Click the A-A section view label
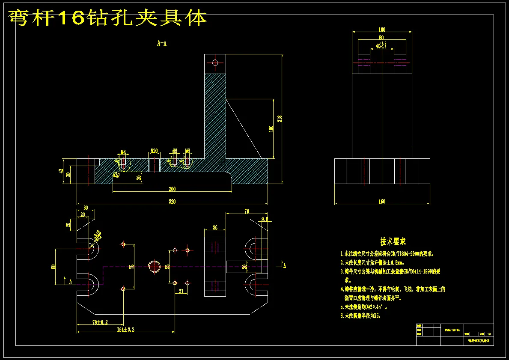[x=162, y=43]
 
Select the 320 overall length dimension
[x=172, y=201]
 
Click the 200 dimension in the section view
[x=172, y=189]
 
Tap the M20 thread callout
[x=154, y=151]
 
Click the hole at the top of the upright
[x=215, y=63]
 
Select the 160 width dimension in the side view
[x=382, y=201]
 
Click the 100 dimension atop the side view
[x=382, y=30]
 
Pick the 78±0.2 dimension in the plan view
[x=100, y=322]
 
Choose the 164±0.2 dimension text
[x=126, y=330]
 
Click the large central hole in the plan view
[x=154, y=266]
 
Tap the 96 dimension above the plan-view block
[x=215, y=227]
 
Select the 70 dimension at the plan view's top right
[x=247, y=211]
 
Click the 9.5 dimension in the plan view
[x=264, y=219]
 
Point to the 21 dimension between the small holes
[x=181, y=291]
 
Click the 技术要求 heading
[x=393, y=242]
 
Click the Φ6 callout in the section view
[x=175, y=151]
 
